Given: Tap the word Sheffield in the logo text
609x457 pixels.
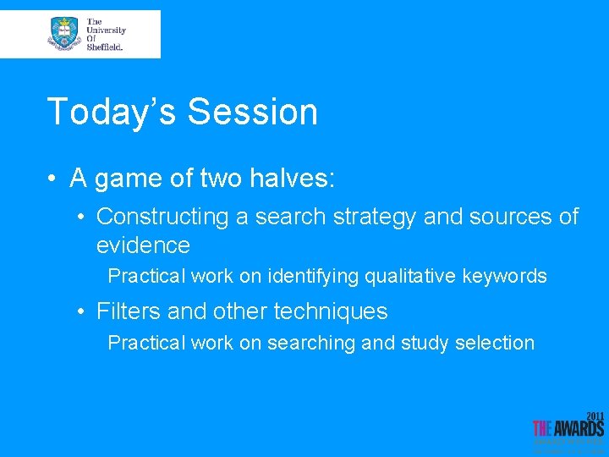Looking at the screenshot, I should [x=105, y=47].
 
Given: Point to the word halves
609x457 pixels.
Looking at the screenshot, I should [x=292, y=178].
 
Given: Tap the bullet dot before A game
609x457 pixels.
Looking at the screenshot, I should [x=52, y=178].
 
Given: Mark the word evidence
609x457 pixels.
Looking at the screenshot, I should [x=143, y=245].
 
